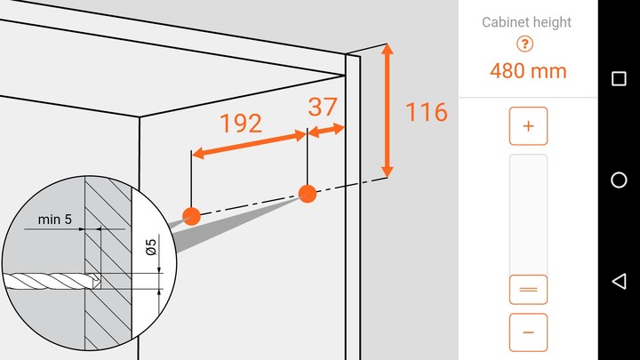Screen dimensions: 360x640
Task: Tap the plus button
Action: click(528, 126)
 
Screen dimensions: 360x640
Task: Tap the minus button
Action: click(528, 332)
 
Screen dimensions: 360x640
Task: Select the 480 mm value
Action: click(527, 71)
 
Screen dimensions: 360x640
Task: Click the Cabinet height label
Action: click(527, 22)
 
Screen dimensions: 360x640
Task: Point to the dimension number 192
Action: click(241, 123)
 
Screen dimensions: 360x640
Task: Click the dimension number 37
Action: click(323, 108)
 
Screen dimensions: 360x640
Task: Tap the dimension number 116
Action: click(427, 113)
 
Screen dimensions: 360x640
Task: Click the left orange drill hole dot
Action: click(191, 215)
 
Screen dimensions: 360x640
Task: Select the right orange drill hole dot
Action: click(308, 193)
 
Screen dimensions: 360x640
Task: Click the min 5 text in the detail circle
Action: click(55, 220)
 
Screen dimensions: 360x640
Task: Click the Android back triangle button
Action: click(619, 282)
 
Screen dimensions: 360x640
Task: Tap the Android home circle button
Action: click(619, 180)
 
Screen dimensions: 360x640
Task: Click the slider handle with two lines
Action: click(528, 290)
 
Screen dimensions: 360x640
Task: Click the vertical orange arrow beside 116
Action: click(387, 111)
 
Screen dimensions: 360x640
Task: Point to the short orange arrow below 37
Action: click(326, 130)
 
